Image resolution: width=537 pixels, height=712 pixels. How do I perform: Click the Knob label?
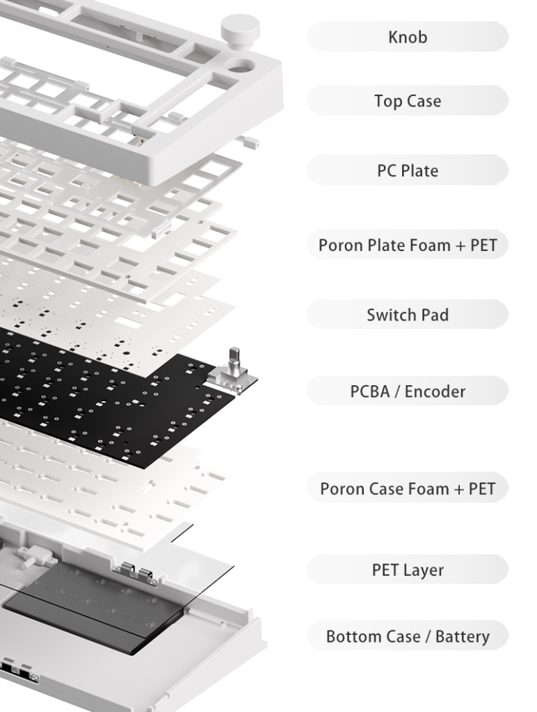(407, 37)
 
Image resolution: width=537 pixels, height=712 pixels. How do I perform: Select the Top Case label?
(407, 101)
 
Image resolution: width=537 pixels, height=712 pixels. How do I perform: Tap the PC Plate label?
(407, 170)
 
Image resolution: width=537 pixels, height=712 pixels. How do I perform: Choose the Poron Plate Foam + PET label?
(407, 245)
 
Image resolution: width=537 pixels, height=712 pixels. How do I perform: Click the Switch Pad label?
(407, 314)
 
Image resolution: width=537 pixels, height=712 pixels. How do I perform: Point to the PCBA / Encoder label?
(407, 391)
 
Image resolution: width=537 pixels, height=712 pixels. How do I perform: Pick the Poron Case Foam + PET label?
(407, 488)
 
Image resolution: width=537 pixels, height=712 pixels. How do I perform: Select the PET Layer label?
(407, 569)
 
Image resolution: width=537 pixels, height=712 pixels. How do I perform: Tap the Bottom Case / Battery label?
(407, 636)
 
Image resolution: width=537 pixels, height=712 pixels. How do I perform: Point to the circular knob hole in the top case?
(240, 66)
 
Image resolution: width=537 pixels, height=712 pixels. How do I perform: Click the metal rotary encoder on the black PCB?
(230, 373)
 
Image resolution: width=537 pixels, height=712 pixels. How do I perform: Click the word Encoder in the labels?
(435, 391)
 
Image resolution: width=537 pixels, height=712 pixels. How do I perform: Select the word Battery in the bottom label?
(462, 637)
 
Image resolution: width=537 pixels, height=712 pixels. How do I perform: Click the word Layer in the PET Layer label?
(424, 570)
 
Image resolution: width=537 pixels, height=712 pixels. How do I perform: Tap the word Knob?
(408, 38)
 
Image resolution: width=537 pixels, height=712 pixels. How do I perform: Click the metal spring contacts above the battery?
(136, 573)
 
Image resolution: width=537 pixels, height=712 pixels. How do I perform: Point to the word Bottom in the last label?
(351, 636)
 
